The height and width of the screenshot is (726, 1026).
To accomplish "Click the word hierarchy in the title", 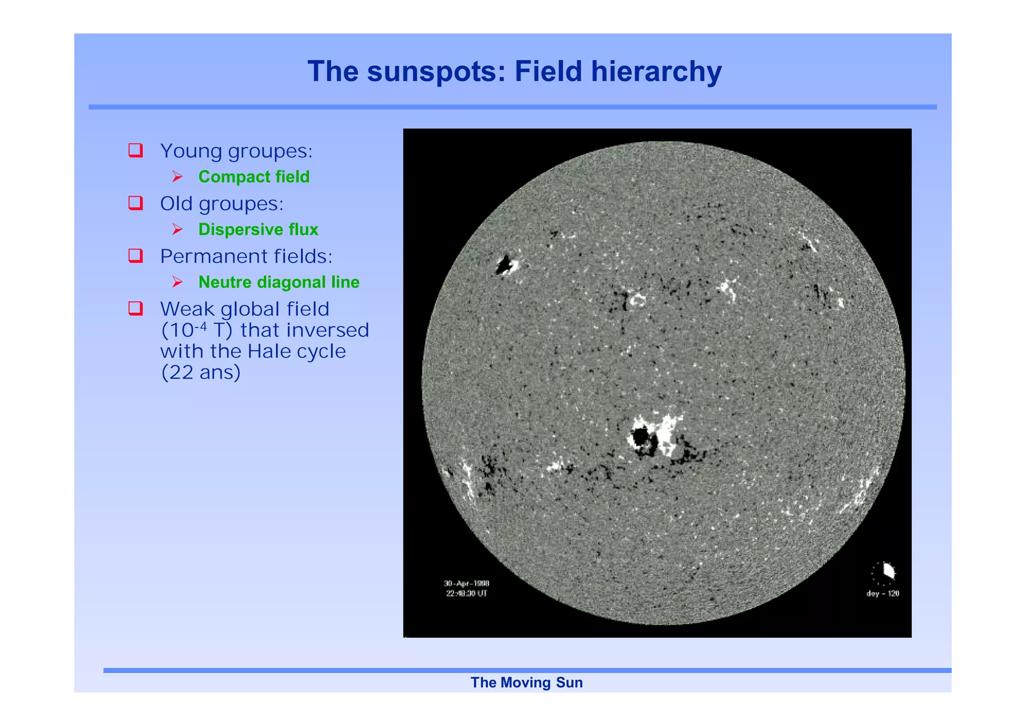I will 656,71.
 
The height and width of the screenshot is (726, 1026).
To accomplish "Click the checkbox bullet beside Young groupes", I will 136,150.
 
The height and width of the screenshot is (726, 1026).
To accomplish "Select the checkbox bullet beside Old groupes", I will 136,203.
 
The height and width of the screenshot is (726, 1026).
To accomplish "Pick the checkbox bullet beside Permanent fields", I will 136,255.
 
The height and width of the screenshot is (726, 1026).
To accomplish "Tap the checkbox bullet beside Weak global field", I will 136,308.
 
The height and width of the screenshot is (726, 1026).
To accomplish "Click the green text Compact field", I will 254,176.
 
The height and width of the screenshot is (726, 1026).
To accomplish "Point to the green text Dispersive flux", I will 258,229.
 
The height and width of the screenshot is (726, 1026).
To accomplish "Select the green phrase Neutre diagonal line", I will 279,282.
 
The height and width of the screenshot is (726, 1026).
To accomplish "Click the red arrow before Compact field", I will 177,176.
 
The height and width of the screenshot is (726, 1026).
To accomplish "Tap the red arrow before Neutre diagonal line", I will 177,282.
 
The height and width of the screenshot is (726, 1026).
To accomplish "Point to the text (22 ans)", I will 200,373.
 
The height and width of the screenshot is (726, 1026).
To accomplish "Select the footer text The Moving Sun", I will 526,682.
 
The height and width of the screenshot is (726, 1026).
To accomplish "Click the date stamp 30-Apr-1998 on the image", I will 466,583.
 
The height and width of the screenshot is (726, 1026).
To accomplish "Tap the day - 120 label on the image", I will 883,594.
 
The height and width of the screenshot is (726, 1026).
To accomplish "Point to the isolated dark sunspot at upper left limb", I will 505,264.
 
